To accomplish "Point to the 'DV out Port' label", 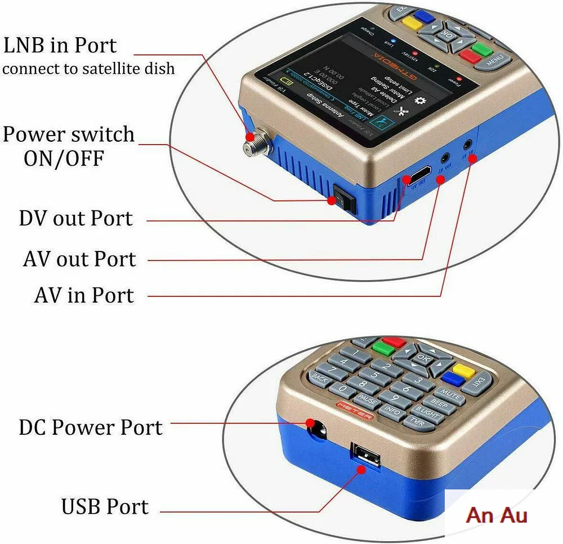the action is (x=76, y=219).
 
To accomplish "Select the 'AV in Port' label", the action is (x=84, y=295).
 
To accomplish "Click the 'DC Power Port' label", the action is (x=91, y=428).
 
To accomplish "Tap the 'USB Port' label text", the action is (x=105, y=506).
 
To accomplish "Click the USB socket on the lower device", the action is (x=361, y=453).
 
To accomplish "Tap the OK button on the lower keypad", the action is (x=422, y=358).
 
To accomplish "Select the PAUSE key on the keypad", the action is (x=368, y=401).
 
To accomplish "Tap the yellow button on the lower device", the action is (x=464, y=370).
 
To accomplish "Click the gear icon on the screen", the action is (x=418, y=101).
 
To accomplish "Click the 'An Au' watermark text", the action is (x=497, y=515).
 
